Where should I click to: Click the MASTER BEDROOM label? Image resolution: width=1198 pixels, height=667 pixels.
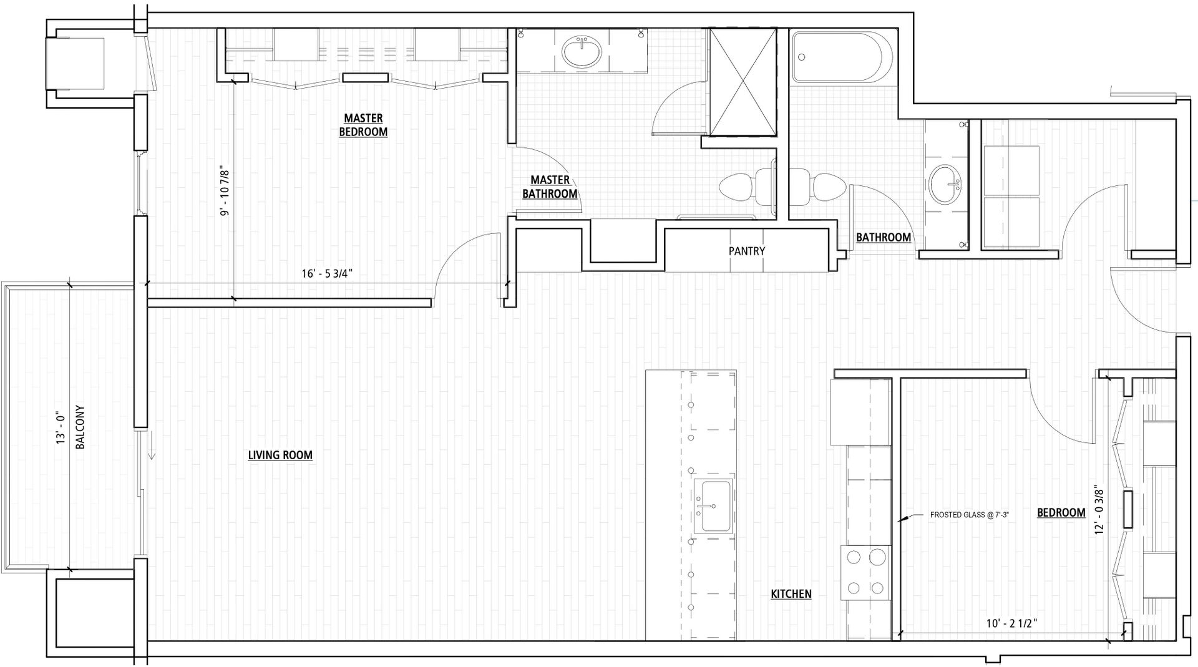click(363, 125)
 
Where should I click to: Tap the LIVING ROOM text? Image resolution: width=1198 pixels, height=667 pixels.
click(280, 455)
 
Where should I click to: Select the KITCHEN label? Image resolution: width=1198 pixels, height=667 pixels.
click(791, 594)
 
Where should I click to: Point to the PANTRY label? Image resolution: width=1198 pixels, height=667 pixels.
click(747, 251)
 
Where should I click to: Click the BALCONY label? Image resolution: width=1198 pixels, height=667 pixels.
click(80, 427)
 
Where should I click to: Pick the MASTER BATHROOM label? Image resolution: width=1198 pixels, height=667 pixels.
click(550, 187)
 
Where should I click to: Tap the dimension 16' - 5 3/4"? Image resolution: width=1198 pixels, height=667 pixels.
click(331, 273)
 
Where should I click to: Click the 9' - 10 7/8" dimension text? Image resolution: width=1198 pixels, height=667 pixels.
click(225, 193)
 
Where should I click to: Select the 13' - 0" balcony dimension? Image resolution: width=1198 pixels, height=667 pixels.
click(61, 427)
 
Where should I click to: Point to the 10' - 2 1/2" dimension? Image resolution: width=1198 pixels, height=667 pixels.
click(1012, 623)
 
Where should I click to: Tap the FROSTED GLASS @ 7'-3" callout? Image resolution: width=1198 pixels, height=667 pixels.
click(969, 515)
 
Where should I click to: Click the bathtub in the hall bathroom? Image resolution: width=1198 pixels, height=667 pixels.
click(836, 57)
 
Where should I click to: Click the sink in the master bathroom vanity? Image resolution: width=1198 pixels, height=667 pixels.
click(582, 52)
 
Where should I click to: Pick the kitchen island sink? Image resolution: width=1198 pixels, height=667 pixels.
click(714, 507)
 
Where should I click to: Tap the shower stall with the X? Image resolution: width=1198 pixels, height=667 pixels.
click(743, 81)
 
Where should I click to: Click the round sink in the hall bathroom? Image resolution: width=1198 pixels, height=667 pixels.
click(946, 185)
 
